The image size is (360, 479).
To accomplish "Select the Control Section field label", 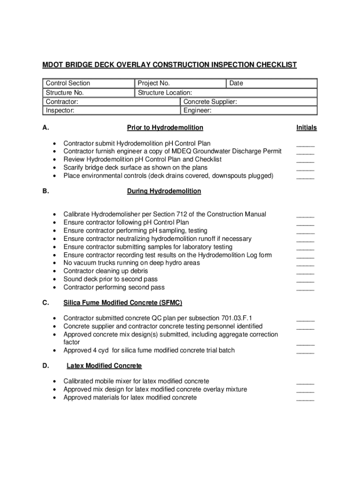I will (x=68, y=83).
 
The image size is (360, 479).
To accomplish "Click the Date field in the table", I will (x=236, y=83).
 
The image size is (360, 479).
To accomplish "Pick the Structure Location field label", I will (x=165, y=93).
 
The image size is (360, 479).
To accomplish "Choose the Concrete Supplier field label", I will (x=210, y=102).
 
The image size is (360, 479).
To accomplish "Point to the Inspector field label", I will (x=60, y=111).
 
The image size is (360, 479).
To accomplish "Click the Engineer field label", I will (x=197, y=111).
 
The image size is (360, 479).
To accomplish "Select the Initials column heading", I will (x=306, y=128).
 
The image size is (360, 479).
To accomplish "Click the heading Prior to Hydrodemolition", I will (x=165, y=128).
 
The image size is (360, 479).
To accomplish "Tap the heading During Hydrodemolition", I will (x=164, y=191).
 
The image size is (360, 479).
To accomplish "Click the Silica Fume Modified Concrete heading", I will (x=123, y=303).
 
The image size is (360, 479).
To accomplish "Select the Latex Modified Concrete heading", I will (x=104, y=365).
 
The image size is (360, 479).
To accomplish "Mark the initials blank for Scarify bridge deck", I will (x=305, y=169).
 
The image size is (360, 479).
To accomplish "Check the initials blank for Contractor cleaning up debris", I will (x=305, y=272).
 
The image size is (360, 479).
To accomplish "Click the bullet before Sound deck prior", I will (x=56, y=279).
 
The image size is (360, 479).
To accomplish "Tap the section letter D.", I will (x=45, y=365).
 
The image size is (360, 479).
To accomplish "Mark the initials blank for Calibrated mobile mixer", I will (x=305, y=383).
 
